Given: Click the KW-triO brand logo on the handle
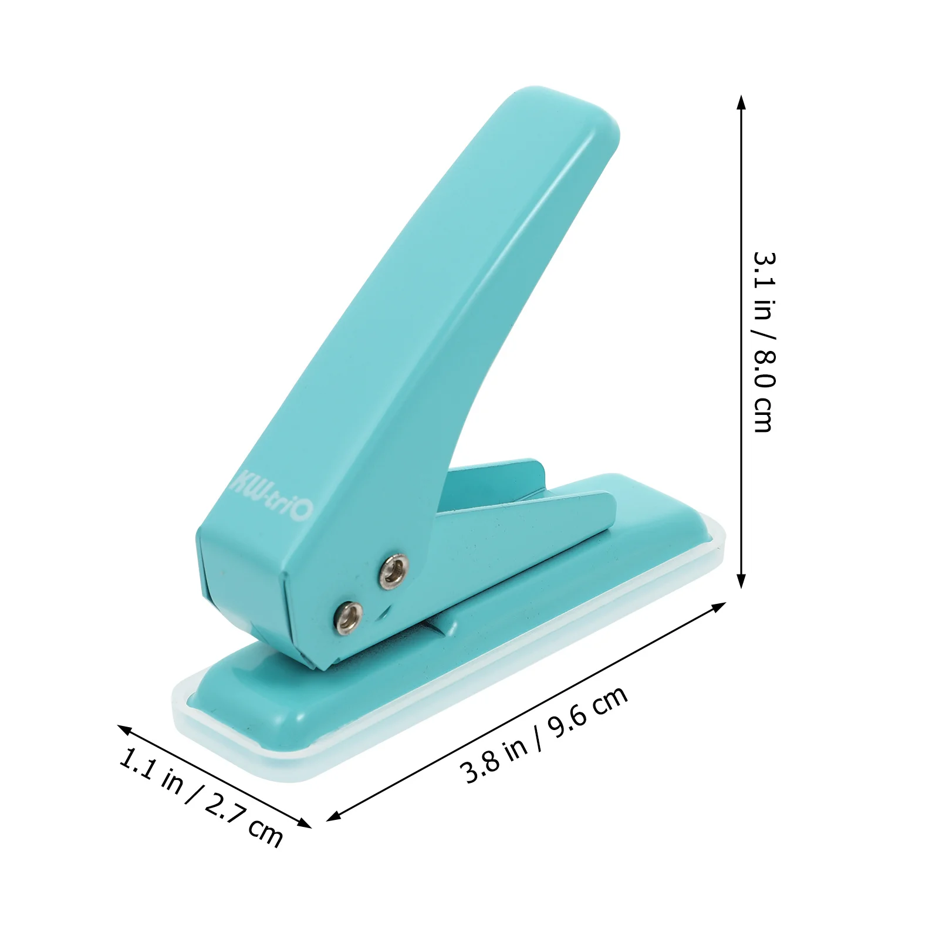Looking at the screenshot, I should coord(272,492).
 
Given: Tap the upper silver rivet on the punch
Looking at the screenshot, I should coord(393,572).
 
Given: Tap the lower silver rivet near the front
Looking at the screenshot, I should coord(347,617).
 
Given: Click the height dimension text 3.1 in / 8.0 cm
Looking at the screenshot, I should coord(764,342).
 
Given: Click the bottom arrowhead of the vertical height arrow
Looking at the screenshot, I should coord(741,582).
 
